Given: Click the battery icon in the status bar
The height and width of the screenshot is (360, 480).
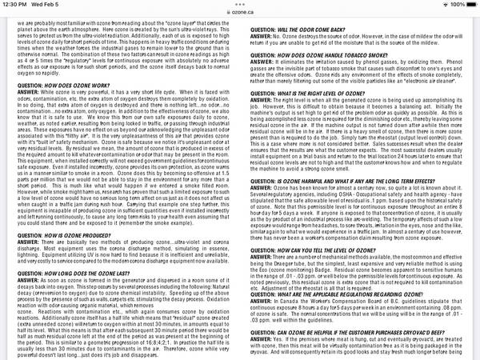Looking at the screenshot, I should (468, 4).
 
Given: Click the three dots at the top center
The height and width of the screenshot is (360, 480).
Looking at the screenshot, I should (240, 3).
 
